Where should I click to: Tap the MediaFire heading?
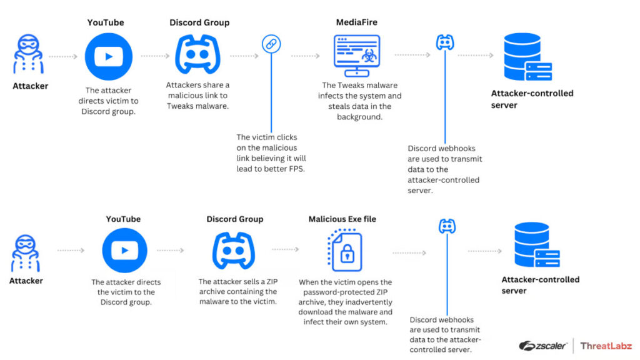pyautogui.click(x=356, y=22)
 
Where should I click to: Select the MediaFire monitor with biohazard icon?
pyautogui.click(x=356, y=56)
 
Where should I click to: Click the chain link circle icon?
pyautogui.click(x=271, y=44)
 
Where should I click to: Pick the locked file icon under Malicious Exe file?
pyautogui.click(x=346, y=251)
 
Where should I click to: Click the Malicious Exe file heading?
pyautogui.click(x=342, y=219)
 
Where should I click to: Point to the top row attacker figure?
pyautogui.click(x=29, y=55)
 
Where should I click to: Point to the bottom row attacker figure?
pyautogui.click(x=27, y=252)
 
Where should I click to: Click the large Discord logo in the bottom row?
pyautogui.click(x=234, y=250)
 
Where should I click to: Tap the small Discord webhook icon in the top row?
pyautogui.click(x=444, y=42)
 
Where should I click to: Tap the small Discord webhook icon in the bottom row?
pyautogui.click(x=447, y=226)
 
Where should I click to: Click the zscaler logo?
pyautogui.click(x=542, y=346)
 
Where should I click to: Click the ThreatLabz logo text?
pyautogui.click(x=606, y=346)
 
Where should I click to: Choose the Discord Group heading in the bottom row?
pyautogui.click(x=234, y=219)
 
